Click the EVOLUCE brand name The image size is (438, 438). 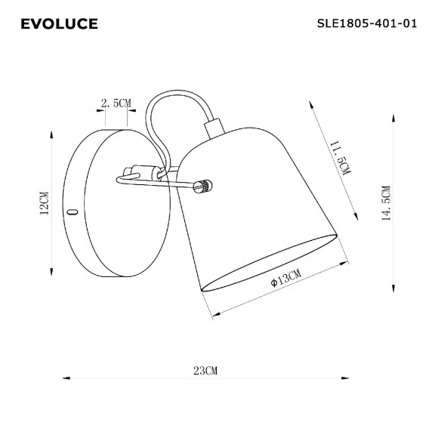59,24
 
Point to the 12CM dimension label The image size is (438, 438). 43,203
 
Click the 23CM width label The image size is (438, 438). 205,371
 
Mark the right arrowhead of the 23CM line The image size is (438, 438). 346,378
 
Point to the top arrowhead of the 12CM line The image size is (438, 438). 51,134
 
